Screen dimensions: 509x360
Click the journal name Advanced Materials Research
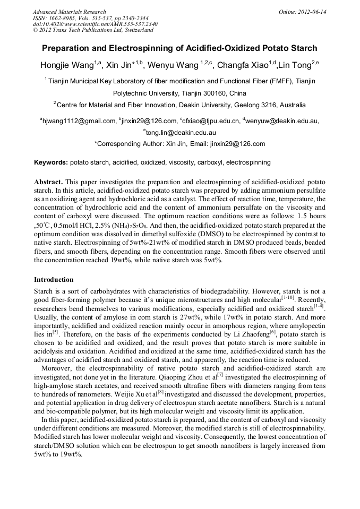69,12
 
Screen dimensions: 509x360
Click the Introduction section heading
54,280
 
